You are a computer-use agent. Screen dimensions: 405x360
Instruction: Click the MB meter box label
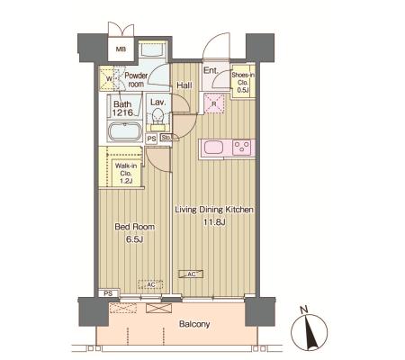[x=121, y=49]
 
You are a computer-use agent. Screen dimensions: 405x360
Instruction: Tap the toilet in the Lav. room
[x=157, y=116]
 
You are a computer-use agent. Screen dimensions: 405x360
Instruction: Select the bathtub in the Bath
[x=125, y=131]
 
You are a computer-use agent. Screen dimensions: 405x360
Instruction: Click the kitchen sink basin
[x=213, y=148]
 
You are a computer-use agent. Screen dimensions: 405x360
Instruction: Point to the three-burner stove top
[x=242, y=148]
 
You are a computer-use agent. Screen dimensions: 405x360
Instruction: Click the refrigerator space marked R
[x=214, y=103]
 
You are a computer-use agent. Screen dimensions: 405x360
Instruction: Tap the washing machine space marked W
[x=107, y=79]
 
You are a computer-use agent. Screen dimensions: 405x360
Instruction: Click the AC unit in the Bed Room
[x=150, y=284]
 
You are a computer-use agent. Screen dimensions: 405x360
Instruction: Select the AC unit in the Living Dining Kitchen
[x=191, y=274]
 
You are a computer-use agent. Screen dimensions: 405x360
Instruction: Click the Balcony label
[x=194, y=324]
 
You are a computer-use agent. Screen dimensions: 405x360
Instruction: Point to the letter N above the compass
[x=304, y=310]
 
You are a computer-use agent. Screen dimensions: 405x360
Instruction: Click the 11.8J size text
[x=214, y=222]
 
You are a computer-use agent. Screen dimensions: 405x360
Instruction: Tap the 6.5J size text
[x=135, y=239]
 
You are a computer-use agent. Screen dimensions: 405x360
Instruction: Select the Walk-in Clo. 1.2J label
[x=126, y=174]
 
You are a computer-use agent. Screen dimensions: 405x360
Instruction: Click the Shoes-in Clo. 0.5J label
[x=243, y=82]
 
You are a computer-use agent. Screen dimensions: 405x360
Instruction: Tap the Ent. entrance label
[x=211, y=70]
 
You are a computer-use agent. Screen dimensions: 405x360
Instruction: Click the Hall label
[x=184, y=85]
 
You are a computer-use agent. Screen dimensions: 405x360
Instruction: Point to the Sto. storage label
[x=166, y=138]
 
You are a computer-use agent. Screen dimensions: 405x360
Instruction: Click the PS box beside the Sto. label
[x=152, y=139]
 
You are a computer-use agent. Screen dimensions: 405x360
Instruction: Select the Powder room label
[x=136, y=80]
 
